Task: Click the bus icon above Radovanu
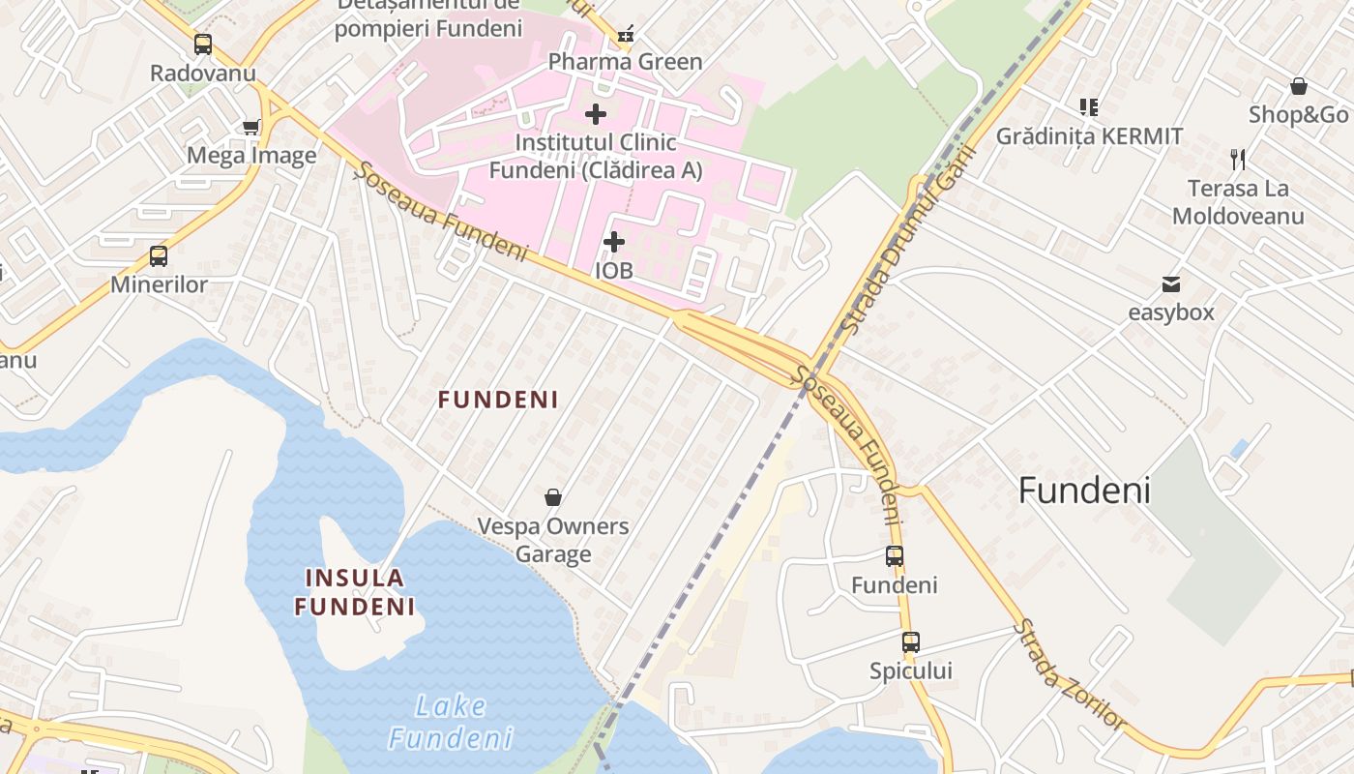[x=203, y=45]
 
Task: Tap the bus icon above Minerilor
[x=159, y=256]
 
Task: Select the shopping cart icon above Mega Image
[x=251, y=127]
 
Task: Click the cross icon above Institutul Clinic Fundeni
[x=596, y=114]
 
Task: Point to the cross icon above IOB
[x=614, y=242]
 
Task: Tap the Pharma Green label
[x=625, y=62]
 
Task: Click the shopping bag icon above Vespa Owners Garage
[x=553, y=497]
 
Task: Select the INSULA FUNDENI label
[x=355, y=592]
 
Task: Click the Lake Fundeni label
[x=451, y=722]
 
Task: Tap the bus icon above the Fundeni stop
[x=895, y=556]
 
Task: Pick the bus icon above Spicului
[x=911, y=641]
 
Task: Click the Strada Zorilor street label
[x=1070, y=674]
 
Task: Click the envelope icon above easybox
[x=1171, y=283]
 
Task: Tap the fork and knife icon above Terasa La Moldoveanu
[x=1238, y=159]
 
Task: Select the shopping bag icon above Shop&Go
[x=1299, y=86]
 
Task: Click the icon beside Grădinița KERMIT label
[x=1089, y=106]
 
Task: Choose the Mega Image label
[x=251, y=155]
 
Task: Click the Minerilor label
[x=159, y=284]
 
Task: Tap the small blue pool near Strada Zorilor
[x=1239, y=449]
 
